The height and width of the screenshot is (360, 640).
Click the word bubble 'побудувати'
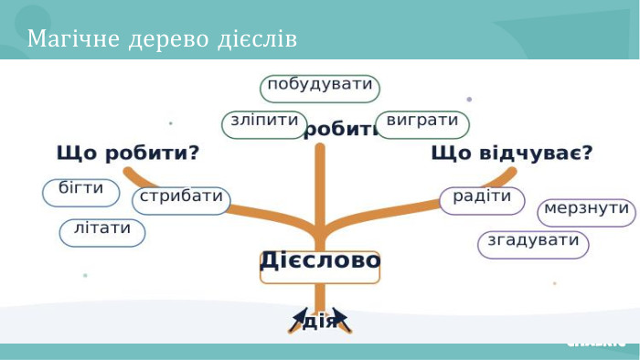pos(319,88)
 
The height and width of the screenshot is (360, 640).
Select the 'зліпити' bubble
pos(262,124)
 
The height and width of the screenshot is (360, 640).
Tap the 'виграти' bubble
pos(421,124)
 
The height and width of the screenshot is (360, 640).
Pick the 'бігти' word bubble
pos(80,192)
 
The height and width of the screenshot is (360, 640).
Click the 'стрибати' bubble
pos(181,200)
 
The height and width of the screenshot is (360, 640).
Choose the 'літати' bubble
pos(102,232)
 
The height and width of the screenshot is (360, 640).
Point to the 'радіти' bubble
pos(482,199)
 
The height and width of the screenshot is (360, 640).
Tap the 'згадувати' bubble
pos(533,244)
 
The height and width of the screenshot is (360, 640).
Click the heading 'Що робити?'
pos(128,153)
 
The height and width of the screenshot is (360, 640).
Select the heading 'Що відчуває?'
pos(511,153)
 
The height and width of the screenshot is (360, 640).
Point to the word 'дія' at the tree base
pos(319,322)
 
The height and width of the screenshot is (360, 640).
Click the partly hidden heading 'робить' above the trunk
pos(339,130)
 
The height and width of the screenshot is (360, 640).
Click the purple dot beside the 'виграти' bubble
pos(469,99)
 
